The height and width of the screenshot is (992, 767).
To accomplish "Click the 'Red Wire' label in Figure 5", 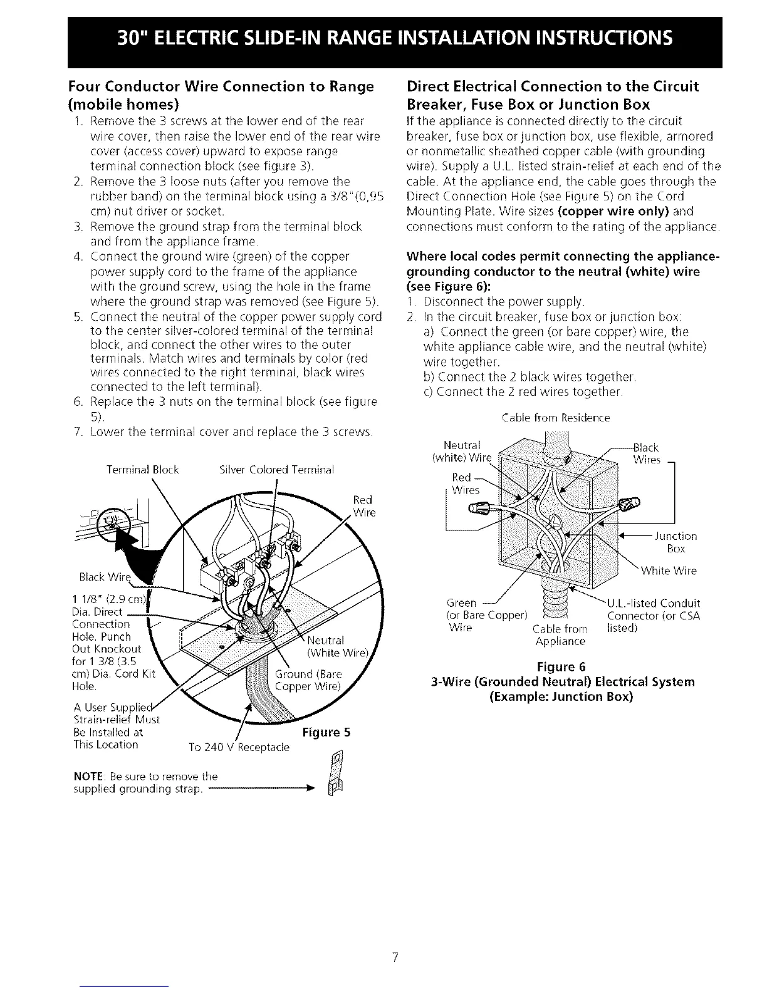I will (363, 507).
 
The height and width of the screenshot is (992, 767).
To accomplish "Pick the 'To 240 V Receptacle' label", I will (239, 747).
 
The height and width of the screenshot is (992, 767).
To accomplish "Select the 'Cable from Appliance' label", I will (560, 635).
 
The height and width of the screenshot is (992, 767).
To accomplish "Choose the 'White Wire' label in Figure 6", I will (669, 571).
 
